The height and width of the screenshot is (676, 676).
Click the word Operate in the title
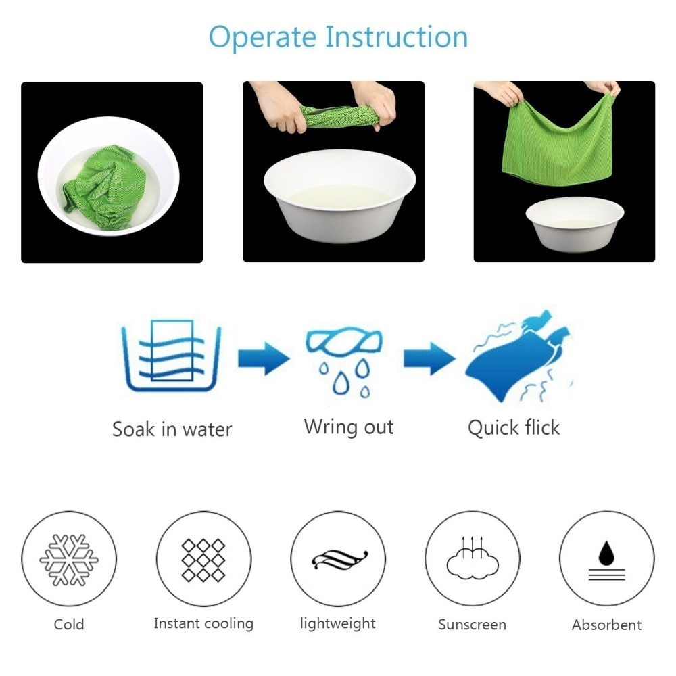[262, 38]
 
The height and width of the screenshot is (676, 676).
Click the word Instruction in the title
[396, 37]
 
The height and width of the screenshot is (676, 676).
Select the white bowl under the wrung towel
[340, 196]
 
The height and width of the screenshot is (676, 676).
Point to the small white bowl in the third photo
[575, 224]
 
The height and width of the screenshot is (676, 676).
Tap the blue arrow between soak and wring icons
[264, 358]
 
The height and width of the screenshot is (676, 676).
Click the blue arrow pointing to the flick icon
[429, 358]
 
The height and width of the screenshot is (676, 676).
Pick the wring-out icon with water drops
[343, 361]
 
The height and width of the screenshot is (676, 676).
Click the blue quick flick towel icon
[519, 357]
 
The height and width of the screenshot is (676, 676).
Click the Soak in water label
[172, 429]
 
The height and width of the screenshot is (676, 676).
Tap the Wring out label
[349, 428]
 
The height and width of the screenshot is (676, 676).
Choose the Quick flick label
[514, 428]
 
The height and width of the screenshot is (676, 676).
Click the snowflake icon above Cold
[69, 560]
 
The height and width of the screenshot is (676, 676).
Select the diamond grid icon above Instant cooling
[203, 560]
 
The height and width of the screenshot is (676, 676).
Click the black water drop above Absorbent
[606, 553]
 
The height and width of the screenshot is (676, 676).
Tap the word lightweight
[338, 623]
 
